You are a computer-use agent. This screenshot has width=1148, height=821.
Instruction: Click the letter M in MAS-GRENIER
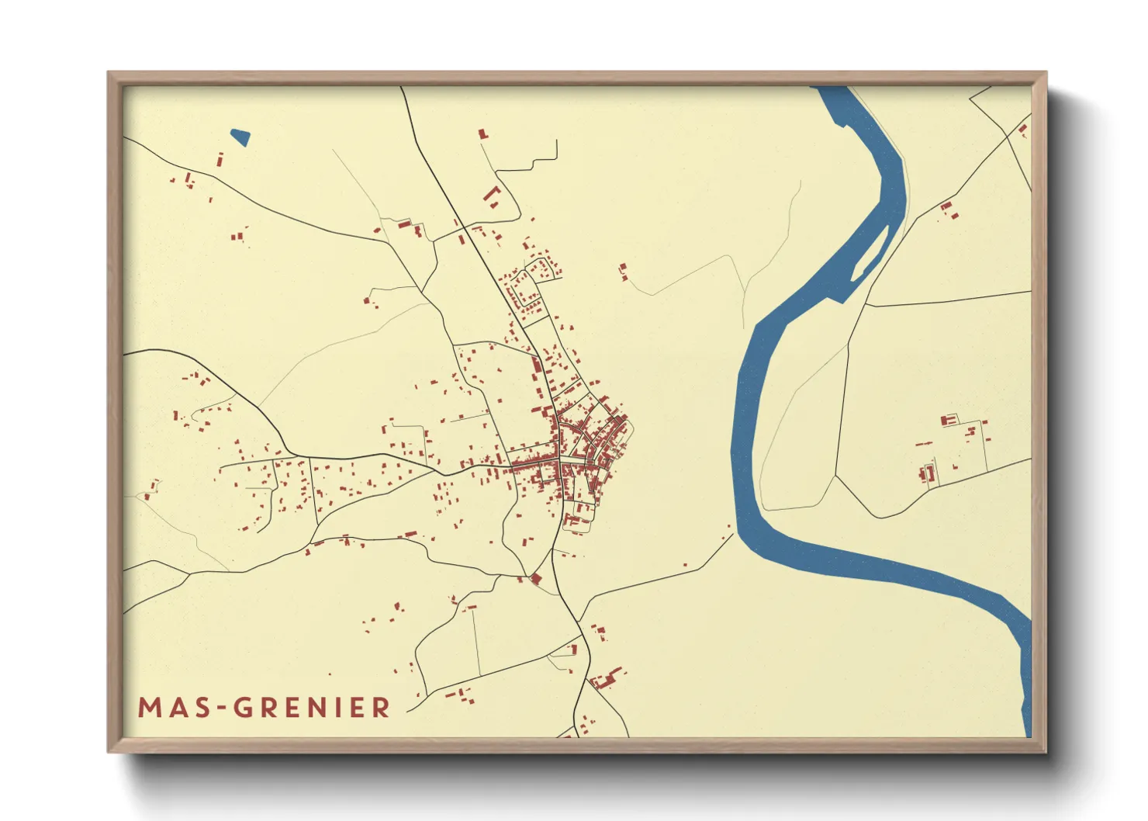click(x=150, y=708)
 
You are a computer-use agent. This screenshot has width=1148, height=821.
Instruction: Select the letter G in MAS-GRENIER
click(x=244, y=708)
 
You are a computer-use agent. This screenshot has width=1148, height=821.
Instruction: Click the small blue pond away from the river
click(x=240, y=137)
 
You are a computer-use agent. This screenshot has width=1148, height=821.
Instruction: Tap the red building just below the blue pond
click(x=220, y=161)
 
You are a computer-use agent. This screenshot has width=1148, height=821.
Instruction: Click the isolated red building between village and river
click(x=623, y=271)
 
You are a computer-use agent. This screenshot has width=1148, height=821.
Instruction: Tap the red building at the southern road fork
click(x=534, y=579)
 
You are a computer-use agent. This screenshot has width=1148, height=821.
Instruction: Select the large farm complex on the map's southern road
click(x=606, y=680)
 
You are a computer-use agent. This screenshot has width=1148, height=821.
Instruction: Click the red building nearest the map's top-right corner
click(x=1022, y=130)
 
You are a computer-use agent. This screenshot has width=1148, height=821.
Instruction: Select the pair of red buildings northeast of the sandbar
click(x=948, y=209)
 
